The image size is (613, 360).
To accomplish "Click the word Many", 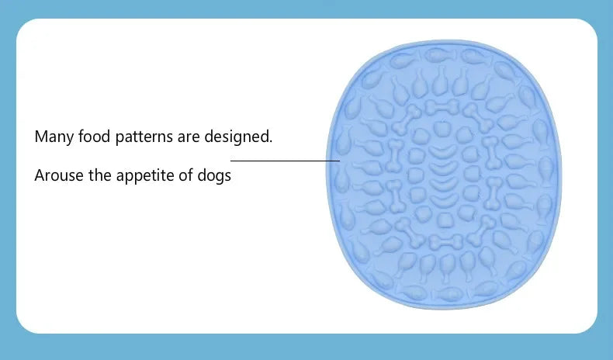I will click(x=52, y=137).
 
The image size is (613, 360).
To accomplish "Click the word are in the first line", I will click(x=189, y=137).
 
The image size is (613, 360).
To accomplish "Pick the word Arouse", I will click(x=59, y=175).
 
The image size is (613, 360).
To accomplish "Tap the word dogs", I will click(x=214, y=176).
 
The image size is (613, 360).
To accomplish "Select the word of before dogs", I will click(x=186, y=175).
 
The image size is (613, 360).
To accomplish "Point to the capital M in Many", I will click(x=40, y=137).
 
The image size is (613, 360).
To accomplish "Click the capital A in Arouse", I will click(x=40, y=175).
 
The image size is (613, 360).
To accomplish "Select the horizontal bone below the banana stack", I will click(x=444, y=241).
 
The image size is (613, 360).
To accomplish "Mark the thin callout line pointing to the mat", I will click(x=285, y=161).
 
